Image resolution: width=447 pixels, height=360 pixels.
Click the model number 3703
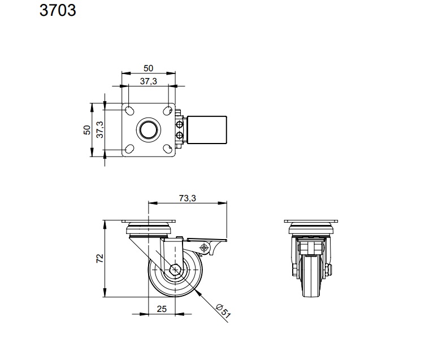point(58,10)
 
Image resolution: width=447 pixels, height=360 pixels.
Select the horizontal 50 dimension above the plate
point(148,68)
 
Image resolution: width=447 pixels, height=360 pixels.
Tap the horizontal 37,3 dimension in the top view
point(148,81)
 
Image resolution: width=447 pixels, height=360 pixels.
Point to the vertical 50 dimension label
point(87,130)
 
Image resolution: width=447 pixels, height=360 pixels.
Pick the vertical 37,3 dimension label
point(100,129)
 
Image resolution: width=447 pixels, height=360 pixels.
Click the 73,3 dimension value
point(187,198)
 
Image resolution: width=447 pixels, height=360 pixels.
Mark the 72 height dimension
point(99,258)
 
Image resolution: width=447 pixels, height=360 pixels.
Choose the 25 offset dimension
point(162,309)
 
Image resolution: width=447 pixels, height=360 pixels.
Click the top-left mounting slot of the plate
point(129,111)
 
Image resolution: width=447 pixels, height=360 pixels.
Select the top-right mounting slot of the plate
point(168,111)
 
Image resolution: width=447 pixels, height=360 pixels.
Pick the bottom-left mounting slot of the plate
point(129,149)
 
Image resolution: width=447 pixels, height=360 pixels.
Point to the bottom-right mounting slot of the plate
point(168,149)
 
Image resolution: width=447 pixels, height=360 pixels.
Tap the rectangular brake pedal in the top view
point(207,130)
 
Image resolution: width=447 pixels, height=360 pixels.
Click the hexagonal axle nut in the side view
point(175,270)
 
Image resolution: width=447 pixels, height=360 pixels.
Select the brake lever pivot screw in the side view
point(203,248)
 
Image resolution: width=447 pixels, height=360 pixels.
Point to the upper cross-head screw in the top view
point(180,124)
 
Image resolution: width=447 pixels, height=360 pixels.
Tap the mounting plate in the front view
point(311,221)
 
